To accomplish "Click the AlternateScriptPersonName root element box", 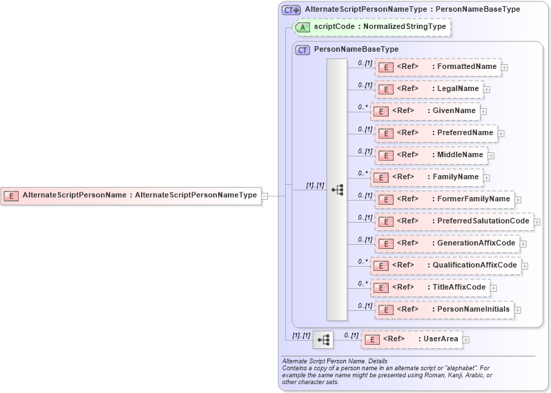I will click(131, 196).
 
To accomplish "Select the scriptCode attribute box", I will click(372, 28).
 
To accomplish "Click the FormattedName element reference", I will click(438, 67).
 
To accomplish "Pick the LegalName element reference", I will click(429, 89).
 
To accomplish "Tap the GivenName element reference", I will click(425, 111).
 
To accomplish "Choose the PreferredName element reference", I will click(436, 133).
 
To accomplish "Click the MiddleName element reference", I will click(431, 155).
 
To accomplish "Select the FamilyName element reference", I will click(426, 177).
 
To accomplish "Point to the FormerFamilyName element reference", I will click(444, 199).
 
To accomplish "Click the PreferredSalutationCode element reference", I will click(454, 221).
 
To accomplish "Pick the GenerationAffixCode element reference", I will click(447, 243).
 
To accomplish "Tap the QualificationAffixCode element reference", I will click(445, 265).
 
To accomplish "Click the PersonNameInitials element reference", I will click(444, 310).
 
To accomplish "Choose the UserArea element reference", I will click(412, 339).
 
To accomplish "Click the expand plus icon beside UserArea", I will click(466, 340).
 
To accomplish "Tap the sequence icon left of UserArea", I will click(323, 339).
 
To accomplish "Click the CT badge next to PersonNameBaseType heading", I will click(302, 50).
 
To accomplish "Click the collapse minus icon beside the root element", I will click(264, 196).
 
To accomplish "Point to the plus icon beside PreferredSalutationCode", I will click(537, 222).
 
